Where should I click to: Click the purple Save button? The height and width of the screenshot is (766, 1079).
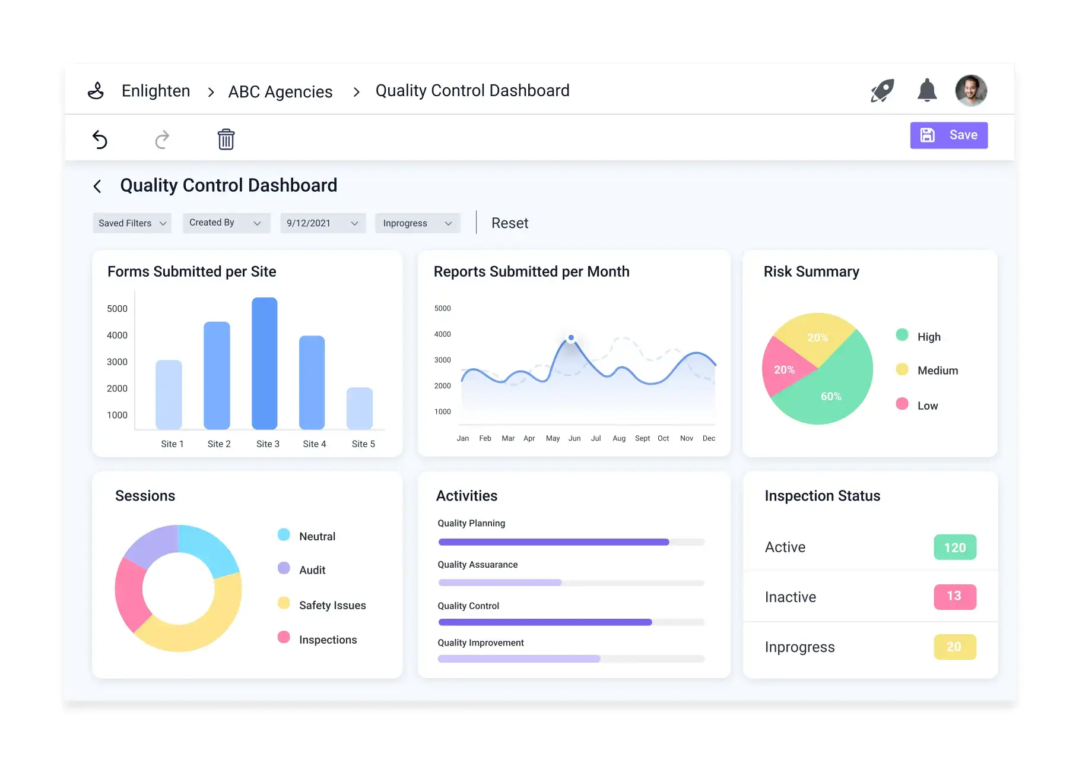(948, 135)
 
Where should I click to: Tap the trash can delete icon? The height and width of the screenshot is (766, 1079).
(226, 140)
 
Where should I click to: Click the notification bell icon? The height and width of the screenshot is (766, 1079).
(926, 91)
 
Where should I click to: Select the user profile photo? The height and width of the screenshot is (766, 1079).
(970, 91)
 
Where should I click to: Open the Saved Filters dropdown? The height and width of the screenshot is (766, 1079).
(132, 223)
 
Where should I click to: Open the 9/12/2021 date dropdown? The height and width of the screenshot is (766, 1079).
(322, 223)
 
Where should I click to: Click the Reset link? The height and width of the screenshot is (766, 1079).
(509, 223)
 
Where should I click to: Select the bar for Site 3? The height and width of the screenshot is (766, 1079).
(264, 363)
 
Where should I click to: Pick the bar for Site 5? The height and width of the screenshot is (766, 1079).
(359, 409)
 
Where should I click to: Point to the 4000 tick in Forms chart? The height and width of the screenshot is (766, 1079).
(117, 335)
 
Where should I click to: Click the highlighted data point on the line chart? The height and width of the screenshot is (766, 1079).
(571, 338)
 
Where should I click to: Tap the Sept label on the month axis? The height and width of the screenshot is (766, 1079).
(642, 438)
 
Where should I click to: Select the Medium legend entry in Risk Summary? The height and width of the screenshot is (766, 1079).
(937, 371)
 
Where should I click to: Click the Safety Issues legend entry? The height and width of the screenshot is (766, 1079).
(331, 605)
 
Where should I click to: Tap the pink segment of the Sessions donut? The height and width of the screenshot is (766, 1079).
(129, 594)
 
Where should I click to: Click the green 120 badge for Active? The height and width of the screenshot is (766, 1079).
(954, 547)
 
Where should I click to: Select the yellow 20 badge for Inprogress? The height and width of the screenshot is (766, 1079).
(954, 647)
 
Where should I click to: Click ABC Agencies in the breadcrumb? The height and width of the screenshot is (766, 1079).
(280, 92)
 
